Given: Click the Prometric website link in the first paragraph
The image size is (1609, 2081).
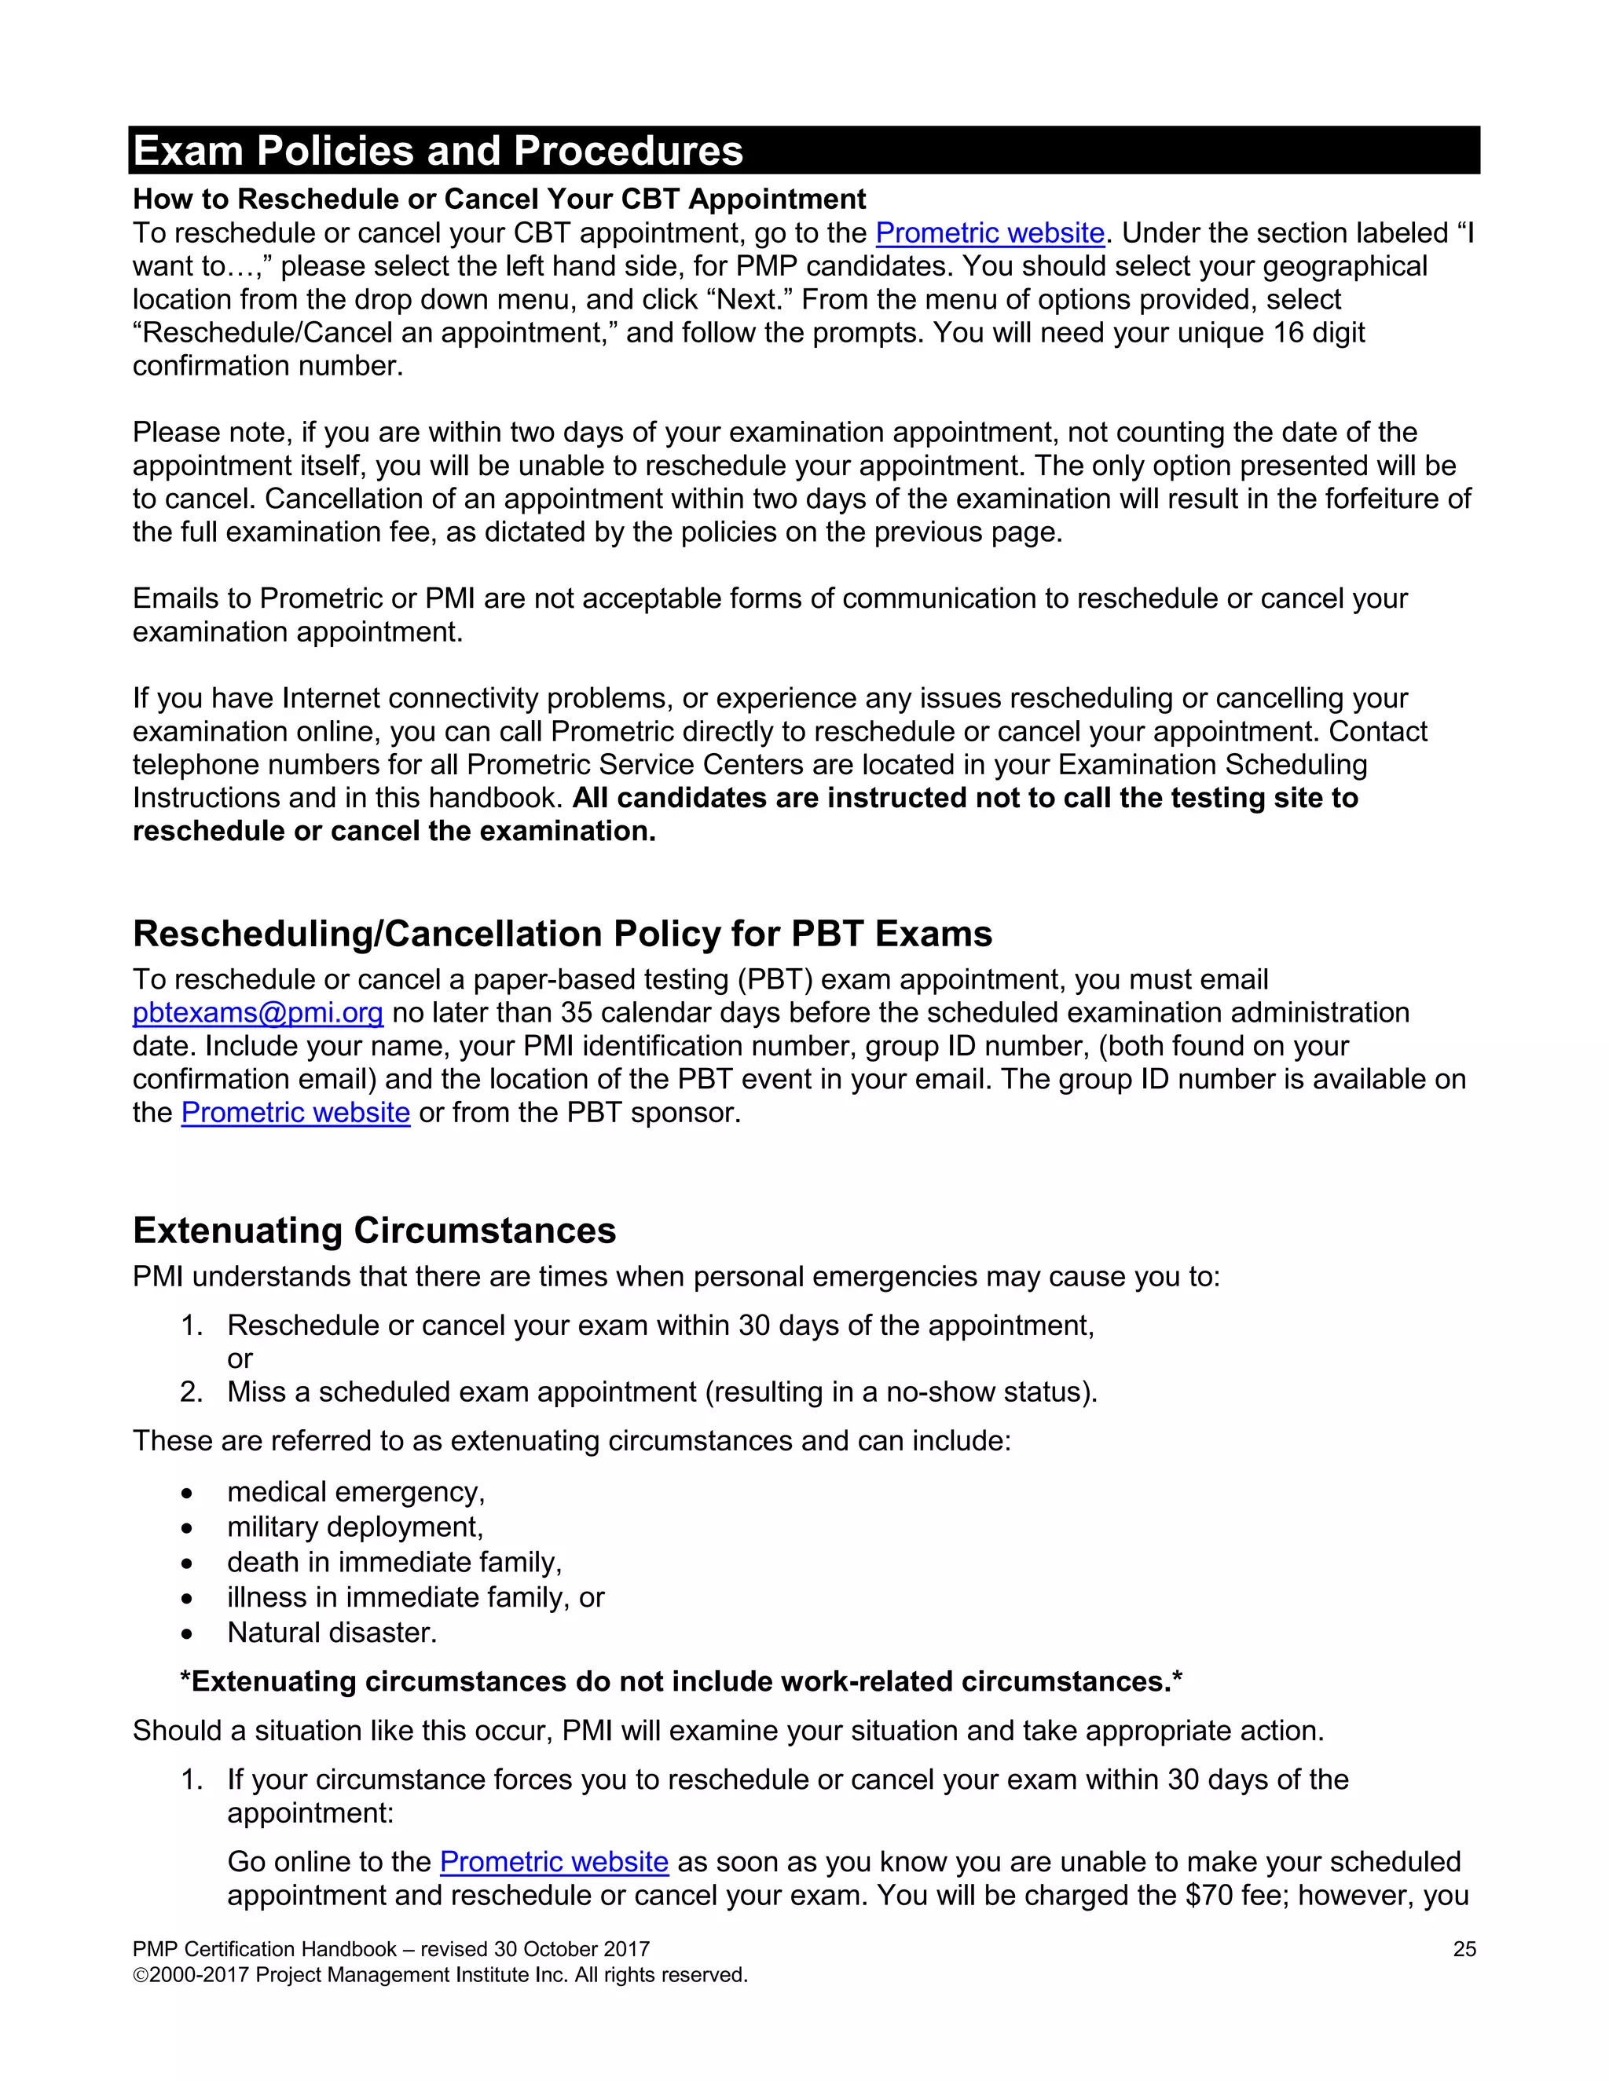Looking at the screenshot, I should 988,232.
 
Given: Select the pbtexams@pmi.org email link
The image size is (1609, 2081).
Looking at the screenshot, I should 258,1012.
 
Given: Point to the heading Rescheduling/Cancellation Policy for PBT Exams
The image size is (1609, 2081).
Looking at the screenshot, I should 563,934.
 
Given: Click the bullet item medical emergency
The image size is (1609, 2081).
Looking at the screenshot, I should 356,1491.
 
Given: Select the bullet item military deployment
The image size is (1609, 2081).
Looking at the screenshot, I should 354,1527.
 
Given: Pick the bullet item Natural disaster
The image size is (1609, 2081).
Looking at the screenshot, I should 332,1633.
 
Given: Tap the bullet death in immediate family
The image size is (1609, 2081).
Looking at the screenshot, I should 394,1562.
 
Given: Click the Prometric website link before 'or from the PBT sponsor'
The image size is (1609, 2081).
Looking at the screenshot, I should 295,1112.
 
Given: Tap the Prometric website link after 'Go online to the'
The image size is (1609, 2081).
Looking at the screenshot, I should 553,1862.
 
